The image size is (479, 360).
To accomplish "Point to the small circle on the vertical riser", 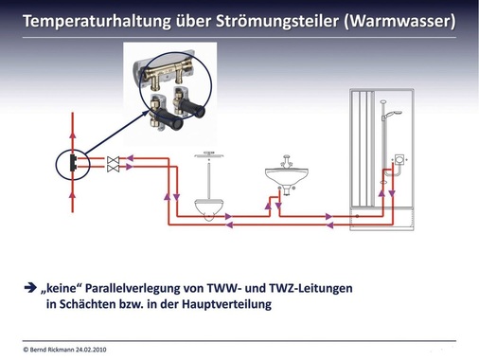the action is point(73,162).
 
